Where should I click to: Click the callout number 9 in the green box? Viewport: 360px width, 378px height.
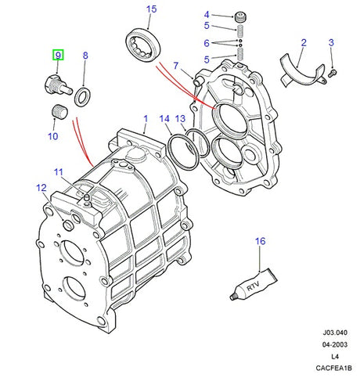(59, 56)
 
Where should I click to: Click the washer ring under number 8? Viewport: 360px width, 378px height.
(85, 95)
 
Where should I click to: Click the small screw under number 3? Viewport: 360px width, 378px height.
(331, 72)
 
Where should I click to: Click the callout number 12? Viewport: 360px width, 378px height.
(41, 187)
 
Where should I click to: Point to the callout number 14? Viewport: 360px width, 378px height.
(164, 119)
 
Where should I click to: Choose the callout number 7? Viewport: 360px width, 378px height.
(176, 65)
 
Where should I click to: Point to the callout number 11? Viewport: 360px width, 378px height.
(59, 171)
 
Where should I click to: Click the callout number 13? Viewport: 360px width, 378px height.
(180, 119)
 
